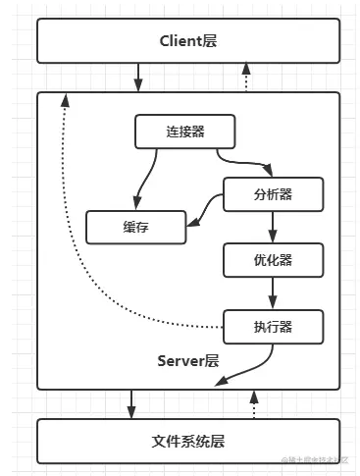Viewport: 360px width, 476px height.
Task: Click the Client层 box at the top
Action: click(x=188, y=41)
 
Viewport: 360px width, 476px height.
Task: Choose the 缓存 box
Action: click(x=136, y=227)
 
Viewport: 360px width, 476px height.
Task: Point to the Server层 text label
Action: click(x=188, y=360)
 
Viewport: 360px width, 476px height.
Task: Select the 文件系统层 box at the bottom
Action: click(x=188, y=442)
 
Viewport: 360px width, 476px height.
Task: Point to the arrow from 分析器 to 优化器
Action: click(x=272, y=227)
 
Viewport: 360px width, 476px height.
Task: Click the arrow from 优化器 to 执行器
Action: click(x=272, y=292)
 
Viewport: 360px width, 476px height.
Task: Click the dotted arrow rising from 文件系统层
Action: click(x=254, y=402)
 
